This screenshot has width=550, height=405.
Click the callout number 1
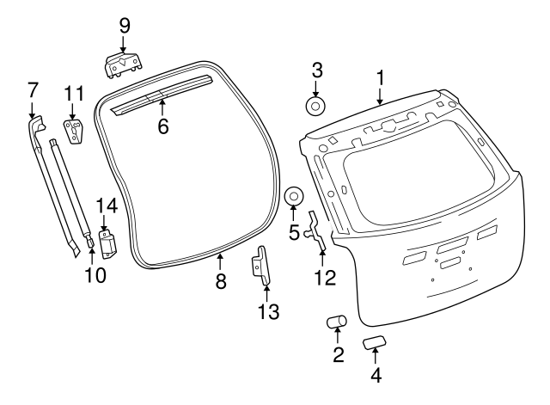click(x=379, y=78)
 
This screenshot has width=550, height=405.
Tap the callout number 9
click(x=124, y=25)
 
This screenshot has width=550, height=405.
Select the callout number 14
click(x=105, y=206)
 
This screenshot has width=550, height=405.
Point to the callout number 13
click(x=268, y=311)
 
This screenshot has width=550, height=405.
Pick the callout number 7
click(x=33, y=89)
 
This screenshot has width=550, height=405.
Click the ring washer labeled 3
click(x=315, y=107)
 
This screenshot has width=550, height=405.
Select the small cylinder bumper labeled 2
click(x=336, y=323)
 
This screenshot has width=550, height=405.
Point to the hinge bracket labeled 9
click(x=123, y=63)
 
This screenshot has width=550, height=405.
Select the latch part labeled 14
click(x=108, y=243)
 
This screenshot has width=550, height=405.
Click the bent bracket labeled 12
click(x=317, y=231)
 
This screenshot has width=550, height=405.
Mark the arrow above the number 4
click(x=375, y=355)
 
